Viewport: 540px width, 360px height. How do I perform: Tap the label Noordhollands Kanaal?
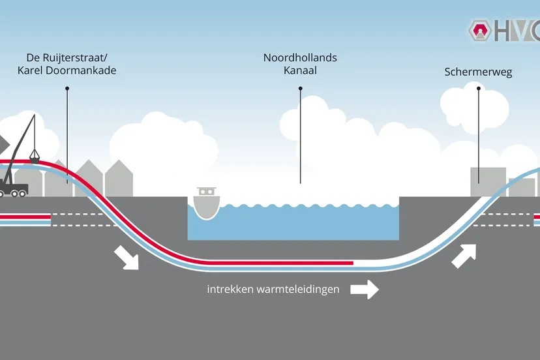[300, 64]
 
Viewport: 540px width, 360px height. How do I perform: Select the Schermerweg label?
[478, 72]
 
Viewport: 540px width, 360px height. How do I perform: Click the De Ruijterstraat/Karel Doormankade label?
[67, 65]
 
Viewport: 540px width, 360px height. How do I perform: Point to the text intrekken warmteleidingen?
[273, 289]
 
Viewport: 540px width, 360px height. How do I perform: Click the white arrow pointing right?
[365, 288]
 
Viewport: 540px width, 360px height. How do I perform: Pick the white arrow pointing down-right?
[128, 257]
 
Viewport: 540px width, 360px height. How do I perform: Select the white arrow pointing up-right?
[464, 255]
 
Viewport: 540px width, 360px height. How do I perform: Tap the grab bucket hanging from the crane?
[34, 157]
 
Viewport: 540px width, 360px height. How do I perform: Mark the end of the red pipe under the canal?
[352, 263]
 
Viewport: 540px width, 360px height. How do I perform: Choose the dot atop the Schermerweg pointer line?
[478, 88]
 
